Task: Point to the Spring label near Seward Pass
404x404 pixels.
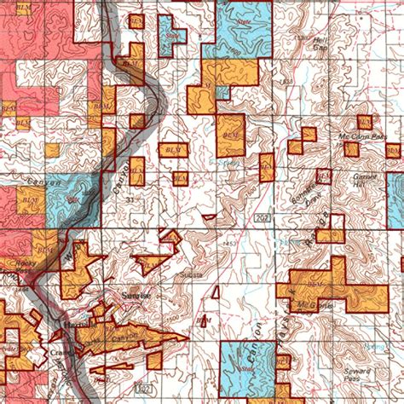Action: pyautogui.click(x=368, y=347)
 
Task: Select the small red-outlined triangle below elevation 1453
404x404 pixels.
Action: pyautogui.click(x=216, y=293)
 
